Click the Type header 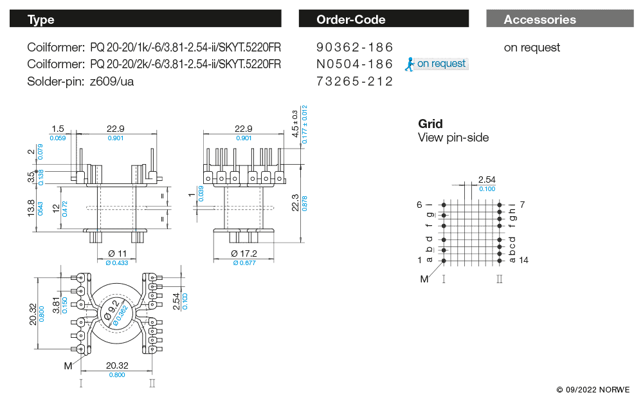41,19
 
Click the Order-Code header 350,19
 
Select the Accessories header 539,19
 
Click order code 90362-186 354,48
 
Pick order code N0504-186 354,64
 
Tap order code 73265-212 354,81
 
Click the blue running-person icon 409,63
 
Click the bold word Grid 430,124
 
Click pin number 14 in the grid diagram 523,260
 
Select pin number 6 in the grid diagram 419,205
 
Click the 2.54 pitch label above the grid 486,180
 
